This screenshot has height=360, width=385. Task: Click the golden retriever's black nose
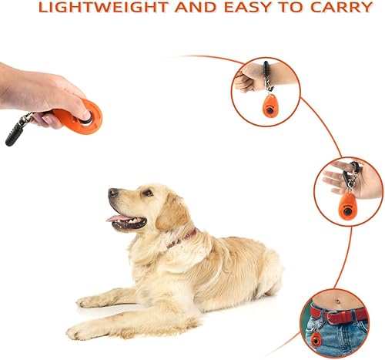[x=112, y=192]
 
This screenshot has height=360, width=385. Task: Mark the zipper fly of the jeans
[x=346, y=340]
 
